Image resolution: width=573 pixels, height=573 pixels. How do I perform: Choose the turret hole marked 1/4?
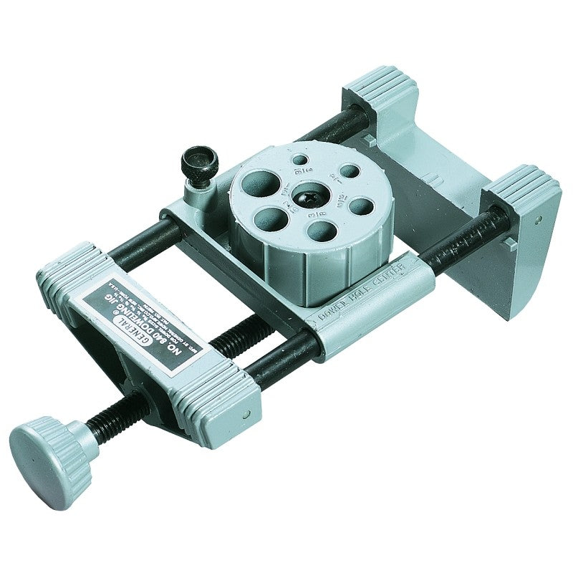pos(349,172)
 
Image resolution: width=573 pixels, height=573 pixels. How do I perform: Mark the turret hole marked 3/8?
pos(323,230)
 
